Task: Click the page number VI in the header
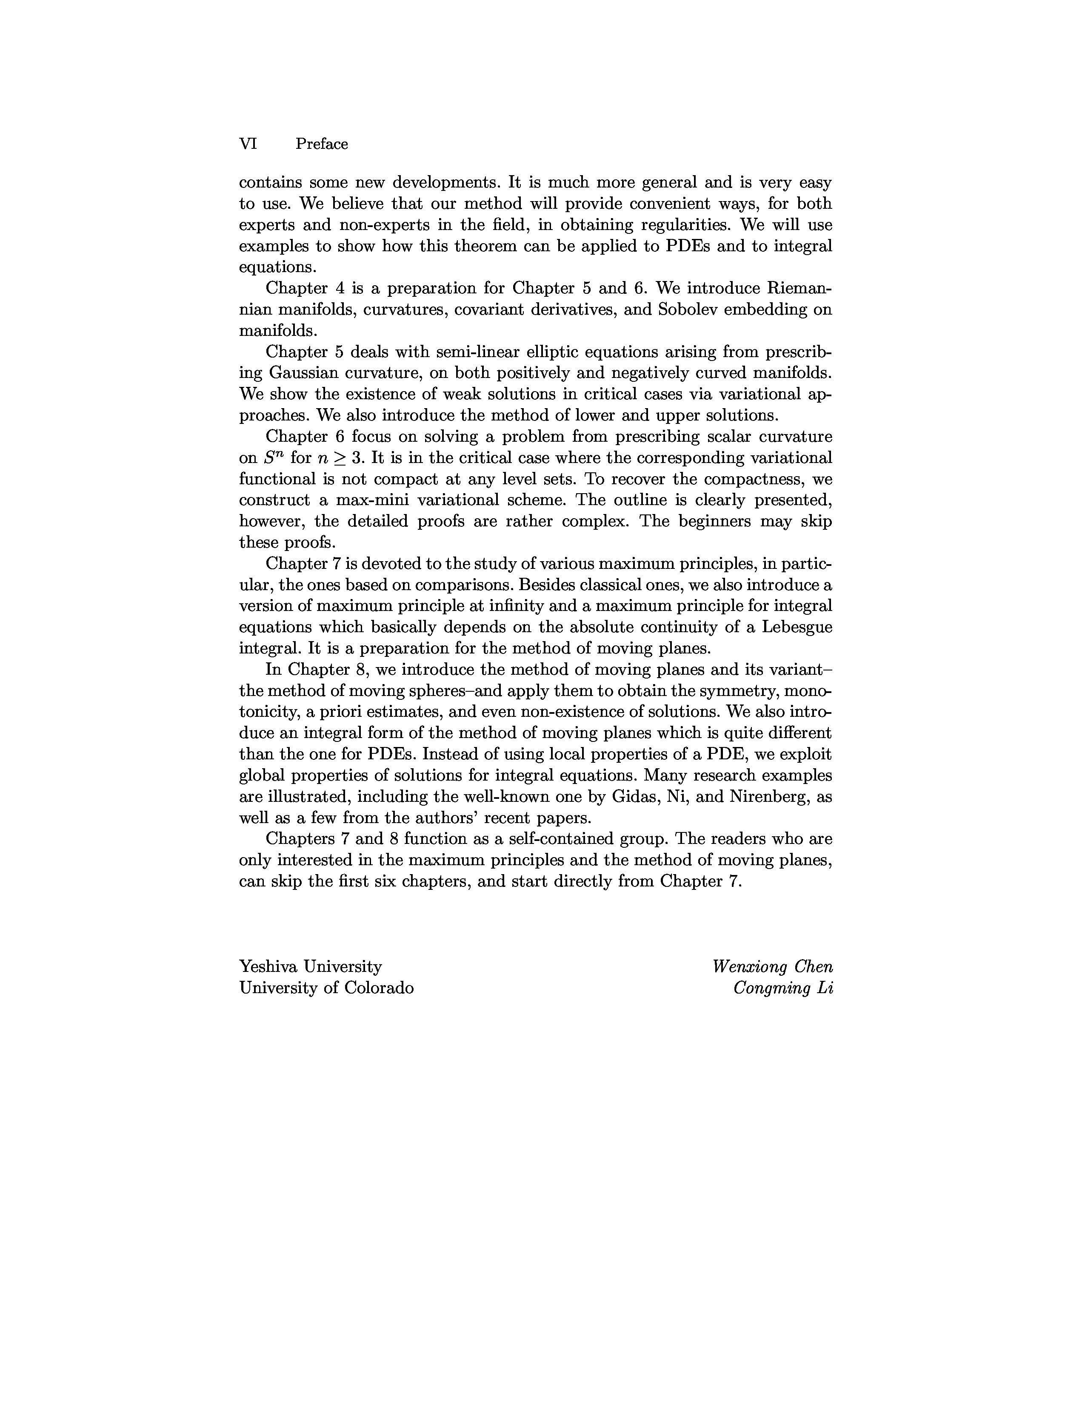point(248,144)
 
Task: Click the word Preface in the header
point(321,144)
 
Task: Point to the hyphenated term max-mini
point(373,500)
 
